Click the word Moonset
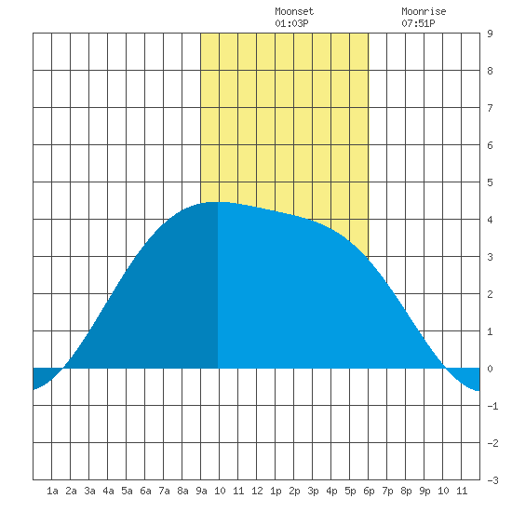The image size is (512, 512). click(x=294, y=11)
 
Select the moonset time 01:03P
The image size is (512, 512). click(x=291, y=23)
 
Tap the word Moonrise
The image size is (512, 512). click(x=424, y=11)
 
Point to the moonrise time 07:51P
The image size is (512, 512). click(x=418, y=23)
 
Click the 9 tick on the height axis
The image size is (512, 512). click(x=490, y=34)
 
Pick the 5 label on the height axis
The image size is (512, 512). click(x=490, y=182)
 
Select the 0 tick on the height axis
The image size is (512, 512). click(x=490, y=369)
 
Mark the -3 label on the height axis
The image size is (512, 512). click(x=492, y=480)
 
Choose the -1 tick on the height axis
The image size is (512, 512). click(x=492, y=406)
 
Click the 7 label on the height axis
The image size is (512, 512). click(x=490, y=108)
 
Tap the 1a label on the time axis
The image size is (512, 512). click(x=52, y=491)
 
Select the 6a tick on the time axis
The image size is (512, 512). click(x=145, y=491)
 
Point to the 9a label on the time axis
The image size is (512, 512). click(x=201, y=491)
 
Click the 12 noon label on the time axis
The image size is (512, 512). click(x=257, y=491)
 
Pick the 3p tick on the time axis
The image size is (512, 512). click(x=313, y=491)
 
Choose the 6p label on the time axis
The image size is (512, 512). click(x=369, y=491)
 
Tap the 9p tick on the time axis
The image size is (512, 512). click(x=424, y=491)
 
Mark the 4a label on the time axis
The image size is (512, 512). click(x=108, y=491)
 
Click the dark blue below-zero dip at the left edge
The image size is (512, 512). click(x=43, y=375)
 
